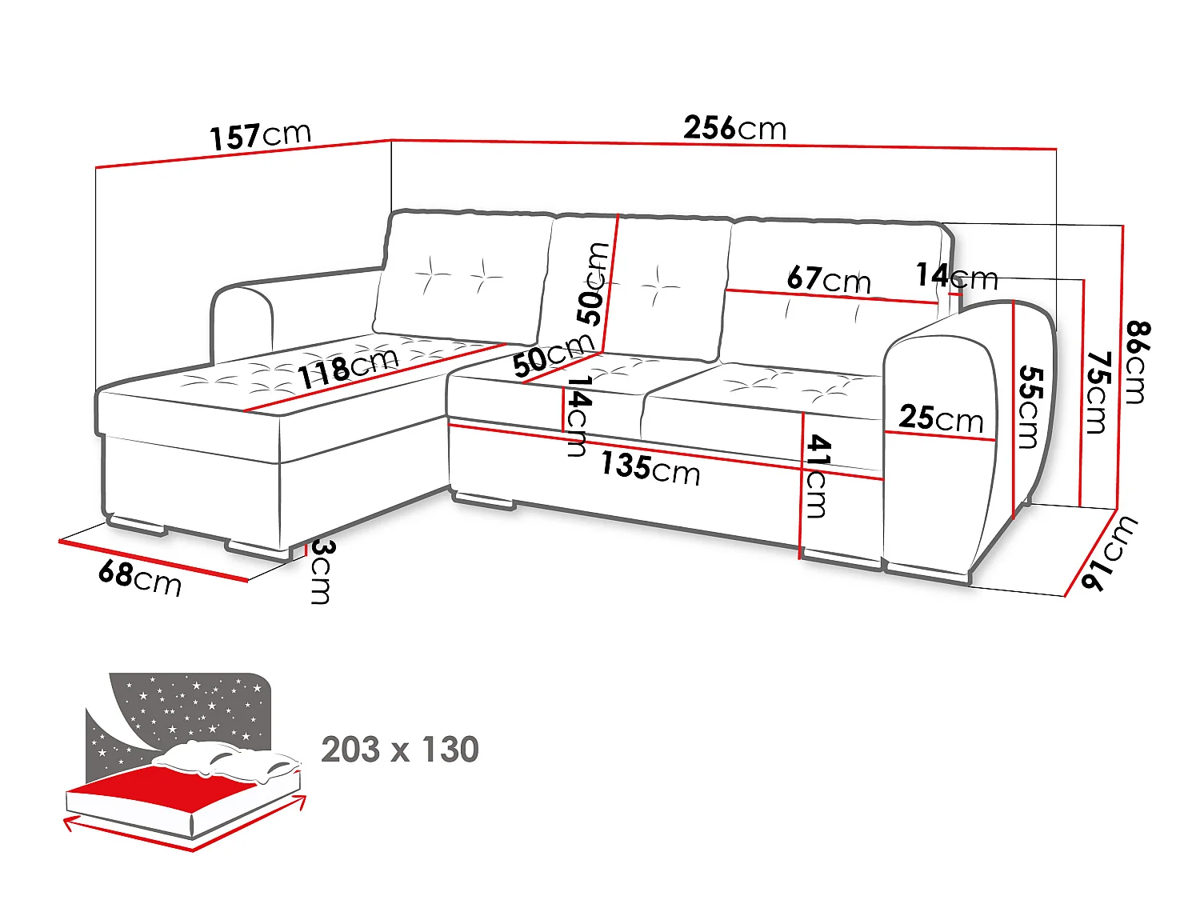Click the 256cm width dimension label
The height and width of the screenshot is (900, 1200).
pos(734,128)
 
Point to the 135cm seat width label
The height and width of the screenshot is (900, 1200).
pos(650,469)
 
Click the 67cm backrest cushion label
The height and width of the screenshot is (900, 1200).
pos(829,279)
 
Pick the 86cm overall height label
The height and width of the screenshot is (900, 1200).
pos(1138,363)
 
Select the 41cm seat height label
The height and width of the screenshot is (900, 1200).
pos(817,475)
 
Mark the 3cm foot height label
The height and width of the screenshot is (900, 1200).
pos(321,571)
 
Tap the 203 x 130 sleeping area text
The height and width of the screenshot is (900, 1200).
pos(400,749)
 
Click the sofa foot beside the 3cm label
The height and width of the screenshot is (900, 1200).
pos(259,550)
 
